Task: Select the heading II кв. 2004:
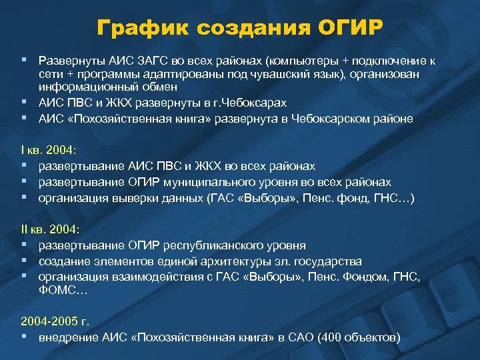(51, 229)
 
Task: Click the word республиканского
(219, 245)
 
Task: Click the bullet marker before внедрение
(24, 337)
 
